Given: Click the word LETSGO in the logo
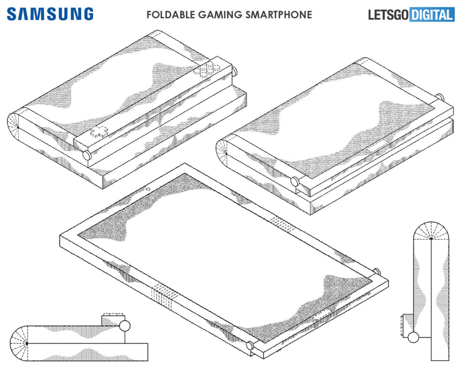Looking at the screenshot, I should point(388,15).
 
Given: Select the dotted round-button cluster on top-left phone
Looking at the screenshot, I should point(206,69).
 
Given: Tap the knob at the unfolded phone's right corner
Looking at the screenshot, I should point(376,271).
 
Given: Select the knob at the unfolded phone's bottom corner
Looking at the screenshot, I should point(250,346).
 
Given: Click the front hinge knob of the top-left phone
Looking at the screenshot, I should point(87,155).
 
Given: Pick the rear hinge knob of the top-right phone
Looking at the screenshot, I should point(439,97).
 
